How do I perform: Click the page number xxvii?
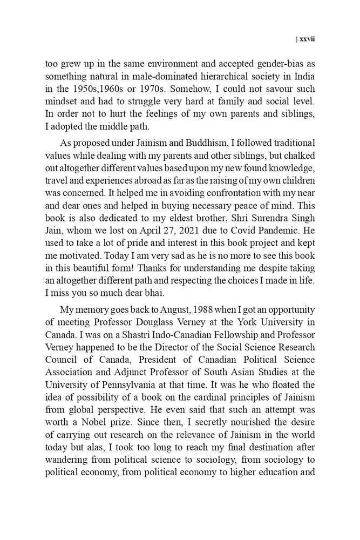(x=307, y=39)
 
